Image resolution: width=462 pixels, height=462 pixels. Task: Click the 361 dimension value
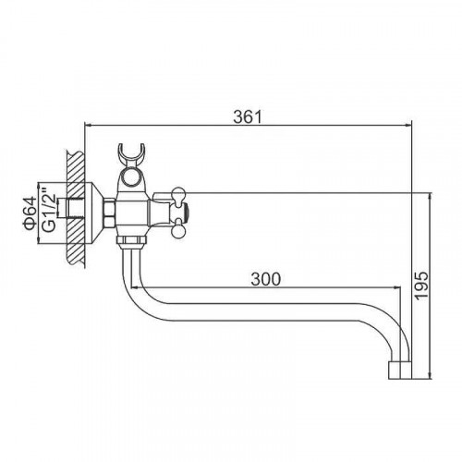click(x=248, y=117)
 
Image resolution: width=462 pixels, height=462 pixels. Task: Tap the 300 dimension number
click(x=266, y=279)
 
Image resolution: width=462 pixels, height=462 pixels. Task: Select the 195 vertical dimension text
click(x=421, y=286)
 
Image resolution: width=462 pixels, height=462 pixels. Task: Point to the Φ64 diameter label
click(x=30, y=213)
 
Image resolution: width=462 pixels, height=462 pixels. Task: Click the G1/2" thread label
click(x=49, y=212)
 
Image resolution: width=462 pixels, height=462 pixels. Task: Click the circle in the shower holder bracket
click(x=132, y=178)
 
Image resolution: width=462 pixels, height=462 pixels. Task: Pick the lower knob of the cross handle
click(x=178, y=231)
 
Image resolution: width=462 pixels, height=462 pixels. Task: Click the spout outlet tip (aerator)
click(x=400, y=371)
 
